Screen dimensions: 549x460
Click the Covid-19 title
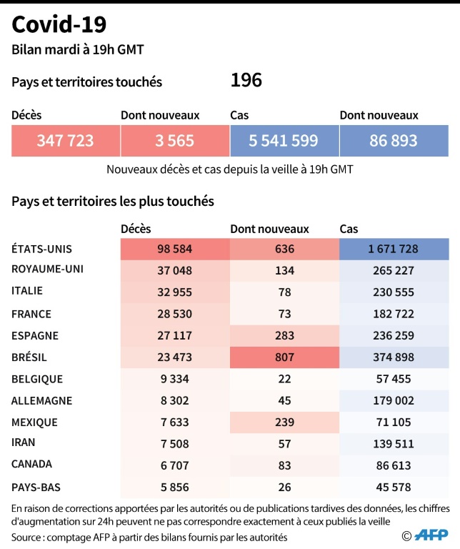tap(59, 24)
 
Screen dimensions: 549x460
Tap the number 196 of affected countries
tap(246, 80)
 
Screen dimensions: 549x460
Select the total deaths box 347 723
tap(65, 141)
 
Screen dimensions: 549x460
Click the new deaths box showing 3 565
tap(174, 141)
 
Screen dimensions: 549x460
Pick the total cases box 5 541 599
tap(284, 141)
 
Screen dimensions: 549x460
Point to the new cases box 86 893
tap(394, 141)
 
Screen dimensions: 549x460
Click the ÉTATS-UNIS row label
tap(42, 249)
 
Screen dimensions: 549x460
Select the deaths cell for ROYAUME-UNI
tap(175, 270)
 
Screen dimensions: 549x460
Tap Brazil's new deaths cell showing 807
tap(284, 357)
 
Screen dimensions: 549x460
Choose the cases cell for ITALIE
tap(394, 292)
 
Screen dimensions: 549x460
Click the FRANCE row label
tap(31, 313)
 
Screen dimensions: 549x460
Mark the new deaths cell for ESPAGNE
tap(284, 335)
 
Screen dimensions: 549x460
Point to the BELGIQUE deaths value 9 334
tap(175, 379)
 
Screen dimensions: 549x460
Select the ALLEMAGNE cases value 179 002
tap(394, 400)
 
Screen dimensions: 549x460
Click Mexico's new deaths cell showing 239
tap(284, 422)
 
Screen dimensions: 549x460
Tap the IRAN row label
tap(24, 442)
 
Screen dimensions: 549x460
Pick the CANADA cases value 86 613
tap(394, 464)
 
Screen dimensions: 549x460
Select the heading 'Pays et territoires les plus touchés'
tap(113, 202)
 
